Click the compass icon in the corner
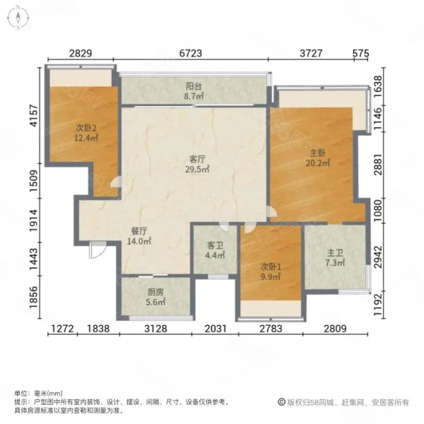pos(18,18)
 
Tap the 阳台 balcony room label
pos(194,86)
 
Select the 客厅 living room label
pos(197,159)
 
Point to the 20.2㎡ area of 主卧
pos(318,163)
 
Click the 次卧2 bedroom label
pos(86,128)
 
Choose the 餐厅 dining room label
pos(139,231)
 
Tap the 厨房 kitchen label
pos(155,292)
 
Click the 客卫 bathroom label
pos(215,245)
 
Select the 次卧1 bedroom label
pos(271,267)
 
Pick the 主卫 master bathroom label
pos(335,253)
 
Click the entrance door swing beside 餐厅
pos(98,249)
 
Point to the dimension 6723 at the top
pos(191,53)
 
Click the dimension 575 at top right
pos(360,53)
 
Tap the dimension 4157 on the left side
pos(35,115)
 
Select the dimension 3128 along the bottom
pos(155,329)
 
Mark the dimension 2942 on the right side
pos(378,257)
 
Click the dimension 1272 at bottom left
pos(62,329)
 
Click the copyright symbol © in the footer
pos(281,402)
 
